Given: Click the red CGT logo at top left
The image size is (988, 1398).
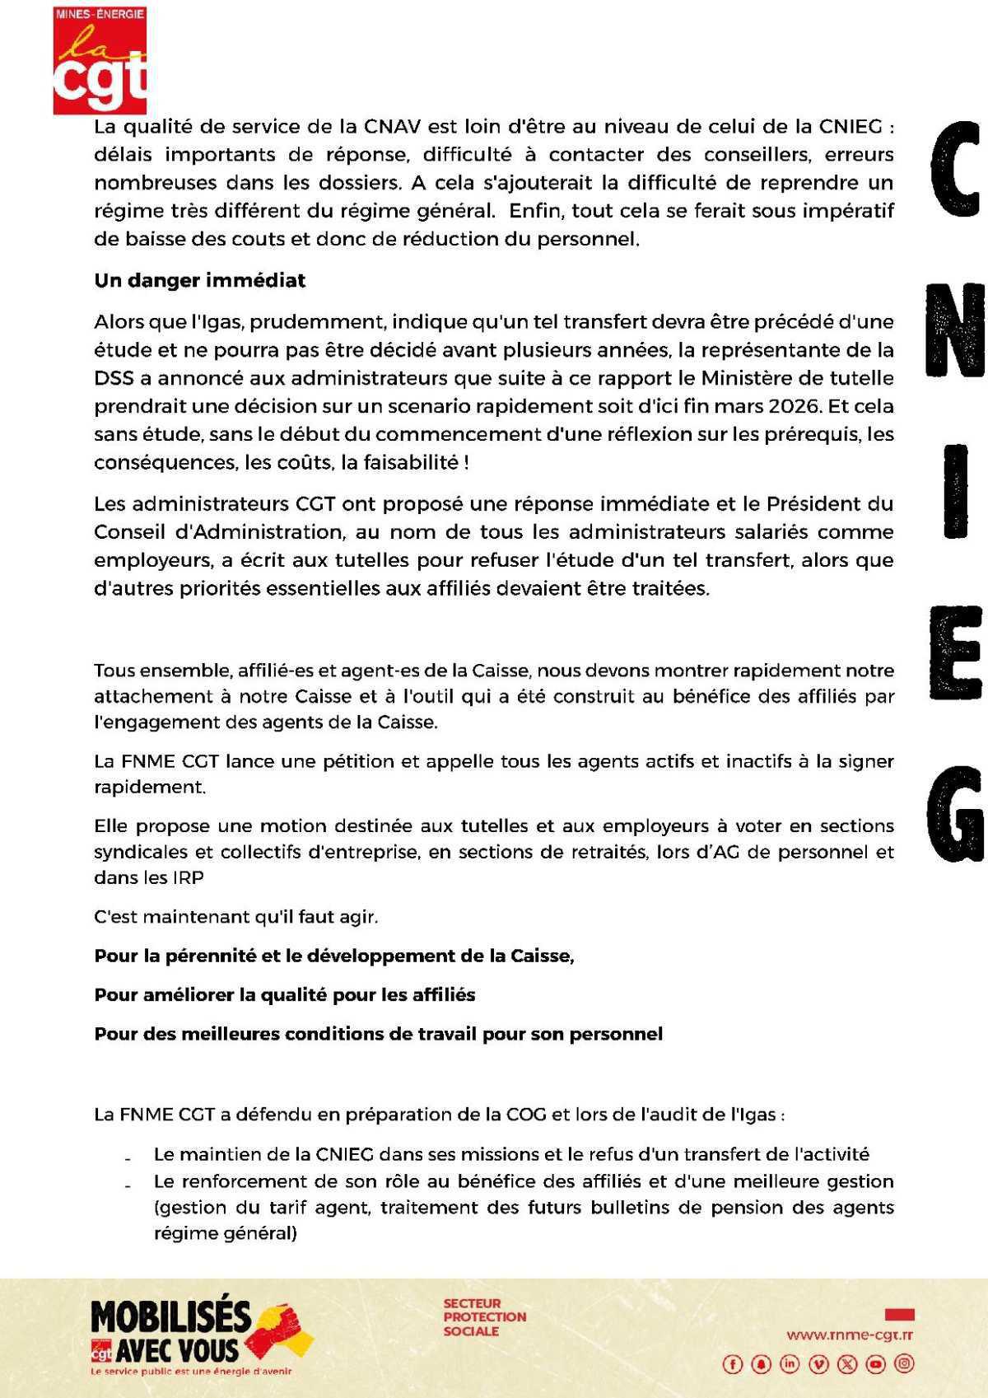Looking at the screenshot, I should [x=100, y=59].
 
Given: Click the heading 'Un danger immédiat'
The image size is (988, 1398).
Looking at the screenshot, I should [x=199, y=280].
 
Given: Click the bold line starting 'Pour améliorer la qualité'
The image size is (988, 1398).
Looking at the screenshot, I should [x=285, y=994].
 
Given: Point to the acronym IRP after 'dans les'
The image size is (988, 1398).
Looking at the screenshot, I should [x=188, y=877].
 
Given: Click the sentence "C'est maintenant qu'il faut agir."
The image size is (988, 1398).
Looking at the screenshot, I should [x=236, y=916].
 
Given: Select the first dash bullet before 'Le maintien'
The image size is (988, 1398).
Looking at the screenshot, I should [x=128, y=1157].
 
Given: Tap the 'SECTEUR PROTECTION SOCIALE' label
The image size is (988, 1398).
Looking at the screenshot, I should [x=484, y=1317].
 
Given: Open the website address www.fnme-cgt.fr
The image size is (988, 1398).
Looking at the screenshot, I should [x=849, y=1335].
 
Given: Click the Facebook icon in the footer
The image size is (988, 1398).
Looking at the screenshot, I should [x=732, y=1364].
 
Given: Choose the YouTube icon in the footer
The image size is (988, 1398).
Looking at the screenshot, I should [x=875, y=1364].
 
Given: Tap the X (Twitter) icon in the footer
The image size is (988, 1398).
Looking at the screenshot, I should [x=846, y=1364].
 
